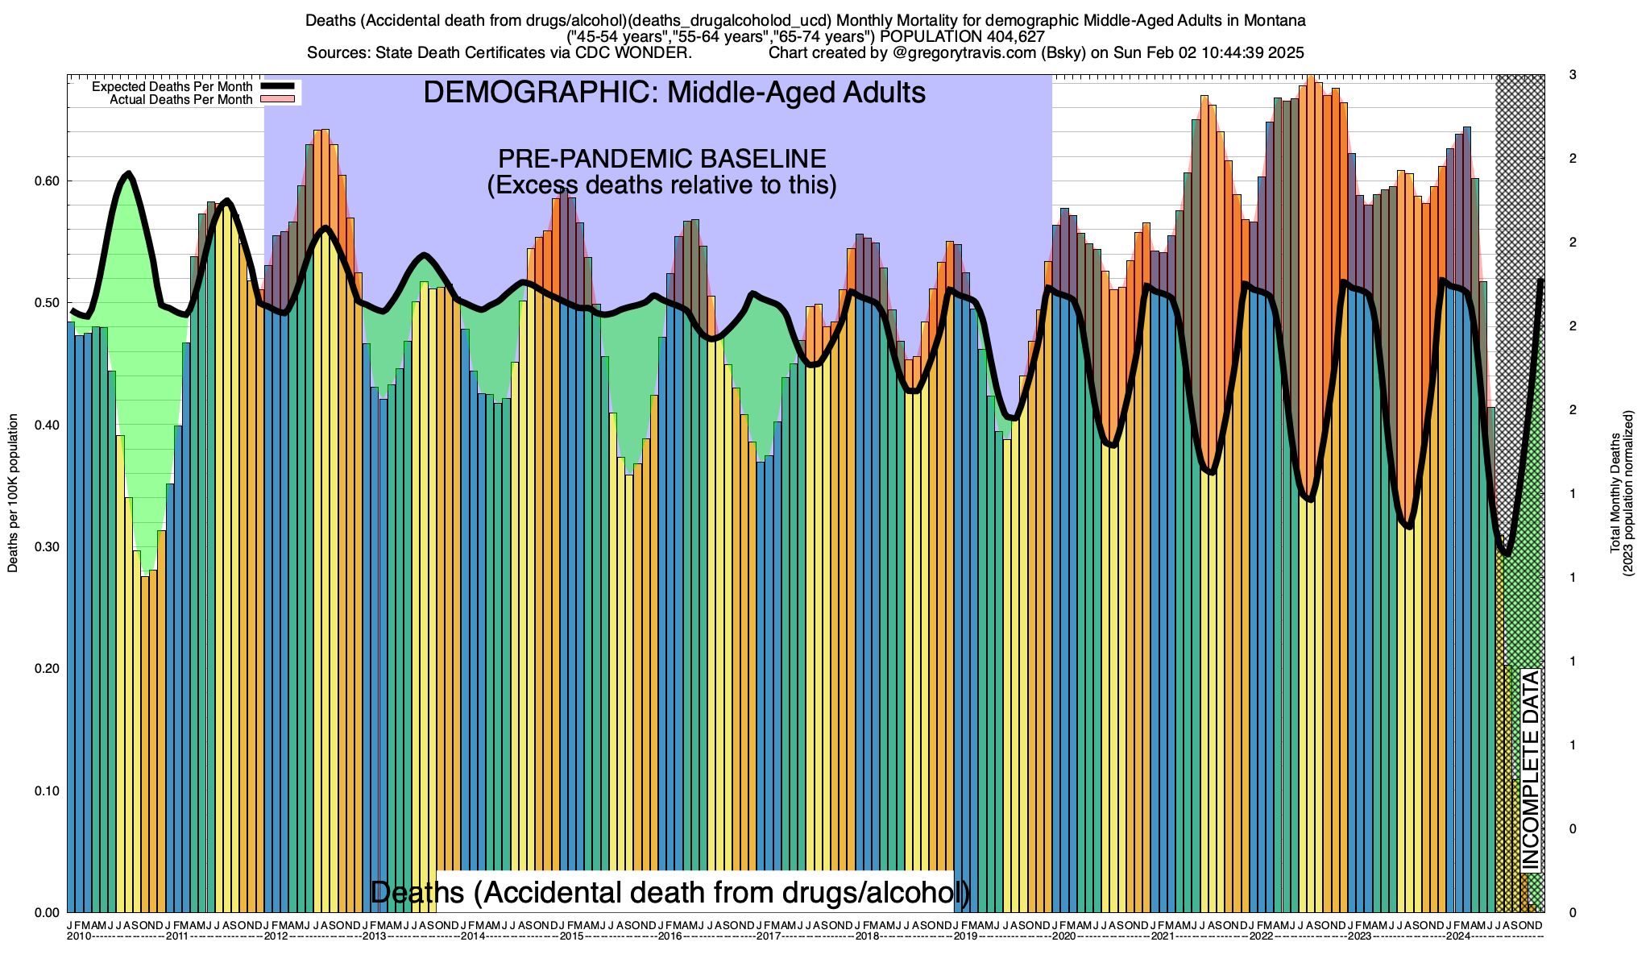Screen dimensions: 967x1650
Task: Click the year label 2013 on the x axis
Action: [x=375, y=936]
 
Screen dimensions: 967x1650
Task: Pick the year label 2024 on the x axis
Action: [x=1457, y=936]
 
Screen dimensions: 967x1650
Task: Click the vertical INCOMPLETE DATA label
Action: [x=1530, y=770]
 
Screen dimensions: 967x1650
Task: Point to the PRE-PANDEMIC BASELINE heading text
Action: [x=661, y=159]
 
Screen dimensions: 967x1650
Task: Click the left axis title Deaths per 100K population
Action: [x=13, y=493]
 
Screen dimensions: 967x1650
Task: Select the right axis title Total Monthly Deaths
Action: [x=1615, y=493]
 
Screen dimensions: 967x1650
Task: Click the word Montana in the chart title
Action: [x=1276, y=20]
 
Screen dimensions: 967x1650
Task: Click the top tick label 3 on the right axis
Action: [x=1572, y=75]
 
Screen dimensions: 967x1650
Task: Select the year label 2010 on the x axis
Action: [x=79, y=936]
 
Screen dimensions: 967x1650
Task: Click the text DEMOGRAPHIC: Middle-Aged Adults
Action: [x=674, y=93]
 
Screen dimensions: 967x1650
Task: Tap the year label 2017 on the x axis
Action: [x=768, y=936]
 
